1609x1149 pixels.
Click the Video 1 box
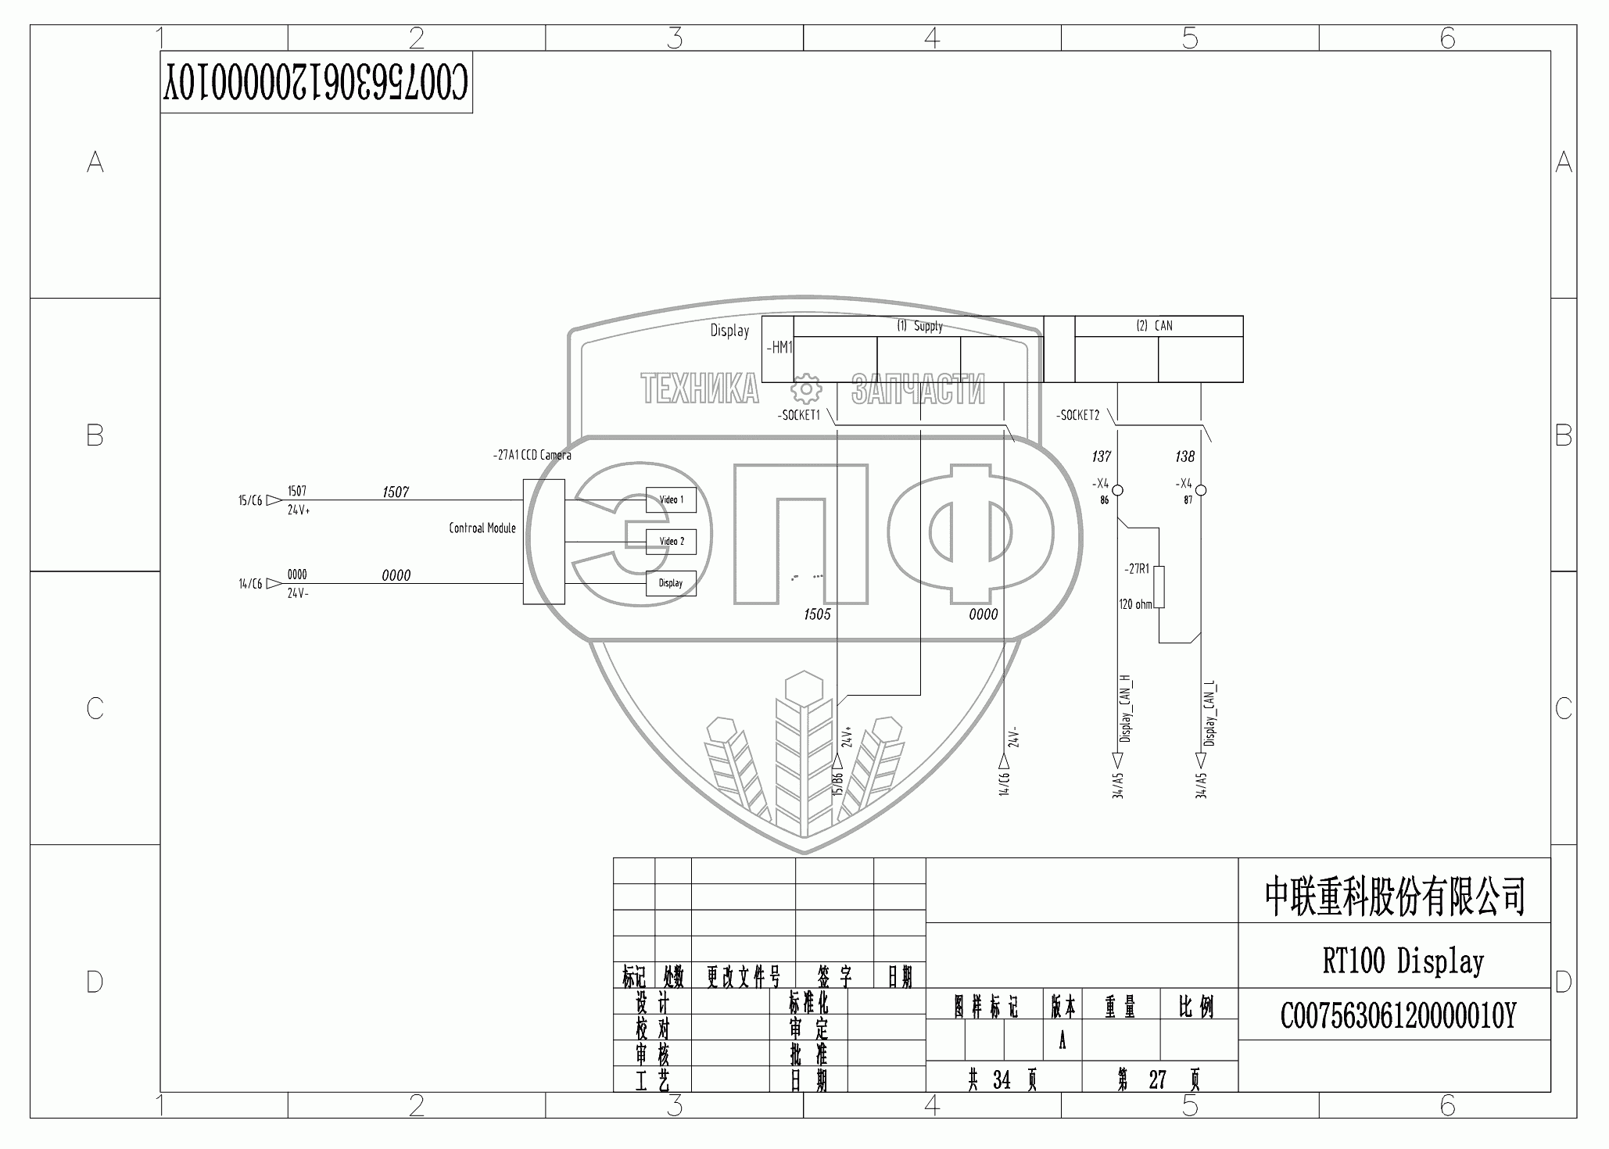[671, 499]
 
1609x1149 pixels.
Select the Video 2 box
[671, 541]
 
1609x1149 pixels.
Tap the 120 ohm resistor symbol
[1159, 586]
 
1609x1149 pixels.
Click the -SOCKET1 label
[799, 416]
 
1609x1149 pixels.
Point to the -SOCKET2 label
[1077, 416]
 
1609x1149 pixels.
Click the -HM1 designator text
[779, 348]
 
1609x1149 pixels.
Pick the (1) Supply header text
[919, 326]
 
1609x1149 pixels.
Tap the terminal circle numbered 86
[1118, 490]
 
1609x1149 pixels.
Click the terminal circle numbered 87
[1201, 490]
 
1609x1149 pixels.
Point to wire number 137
[1101, 456]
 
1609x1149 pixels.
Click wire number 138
[1184, 456]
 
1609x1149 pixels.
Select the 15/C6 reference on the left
[250, 500]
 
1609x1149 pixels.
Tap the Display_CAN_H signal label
[1126, 708]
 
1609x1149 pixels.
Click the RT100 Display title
[1403, 961]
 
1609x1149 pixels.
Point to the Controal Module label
[482, 528]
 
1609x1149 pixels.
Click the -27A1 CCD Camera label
[532, 455]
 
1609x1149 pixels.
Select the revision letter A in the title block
[1062, 1042]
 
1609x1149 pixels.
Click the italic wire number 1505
[817, 614]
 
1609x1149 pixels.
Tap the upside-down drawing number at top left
[316, 82]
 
